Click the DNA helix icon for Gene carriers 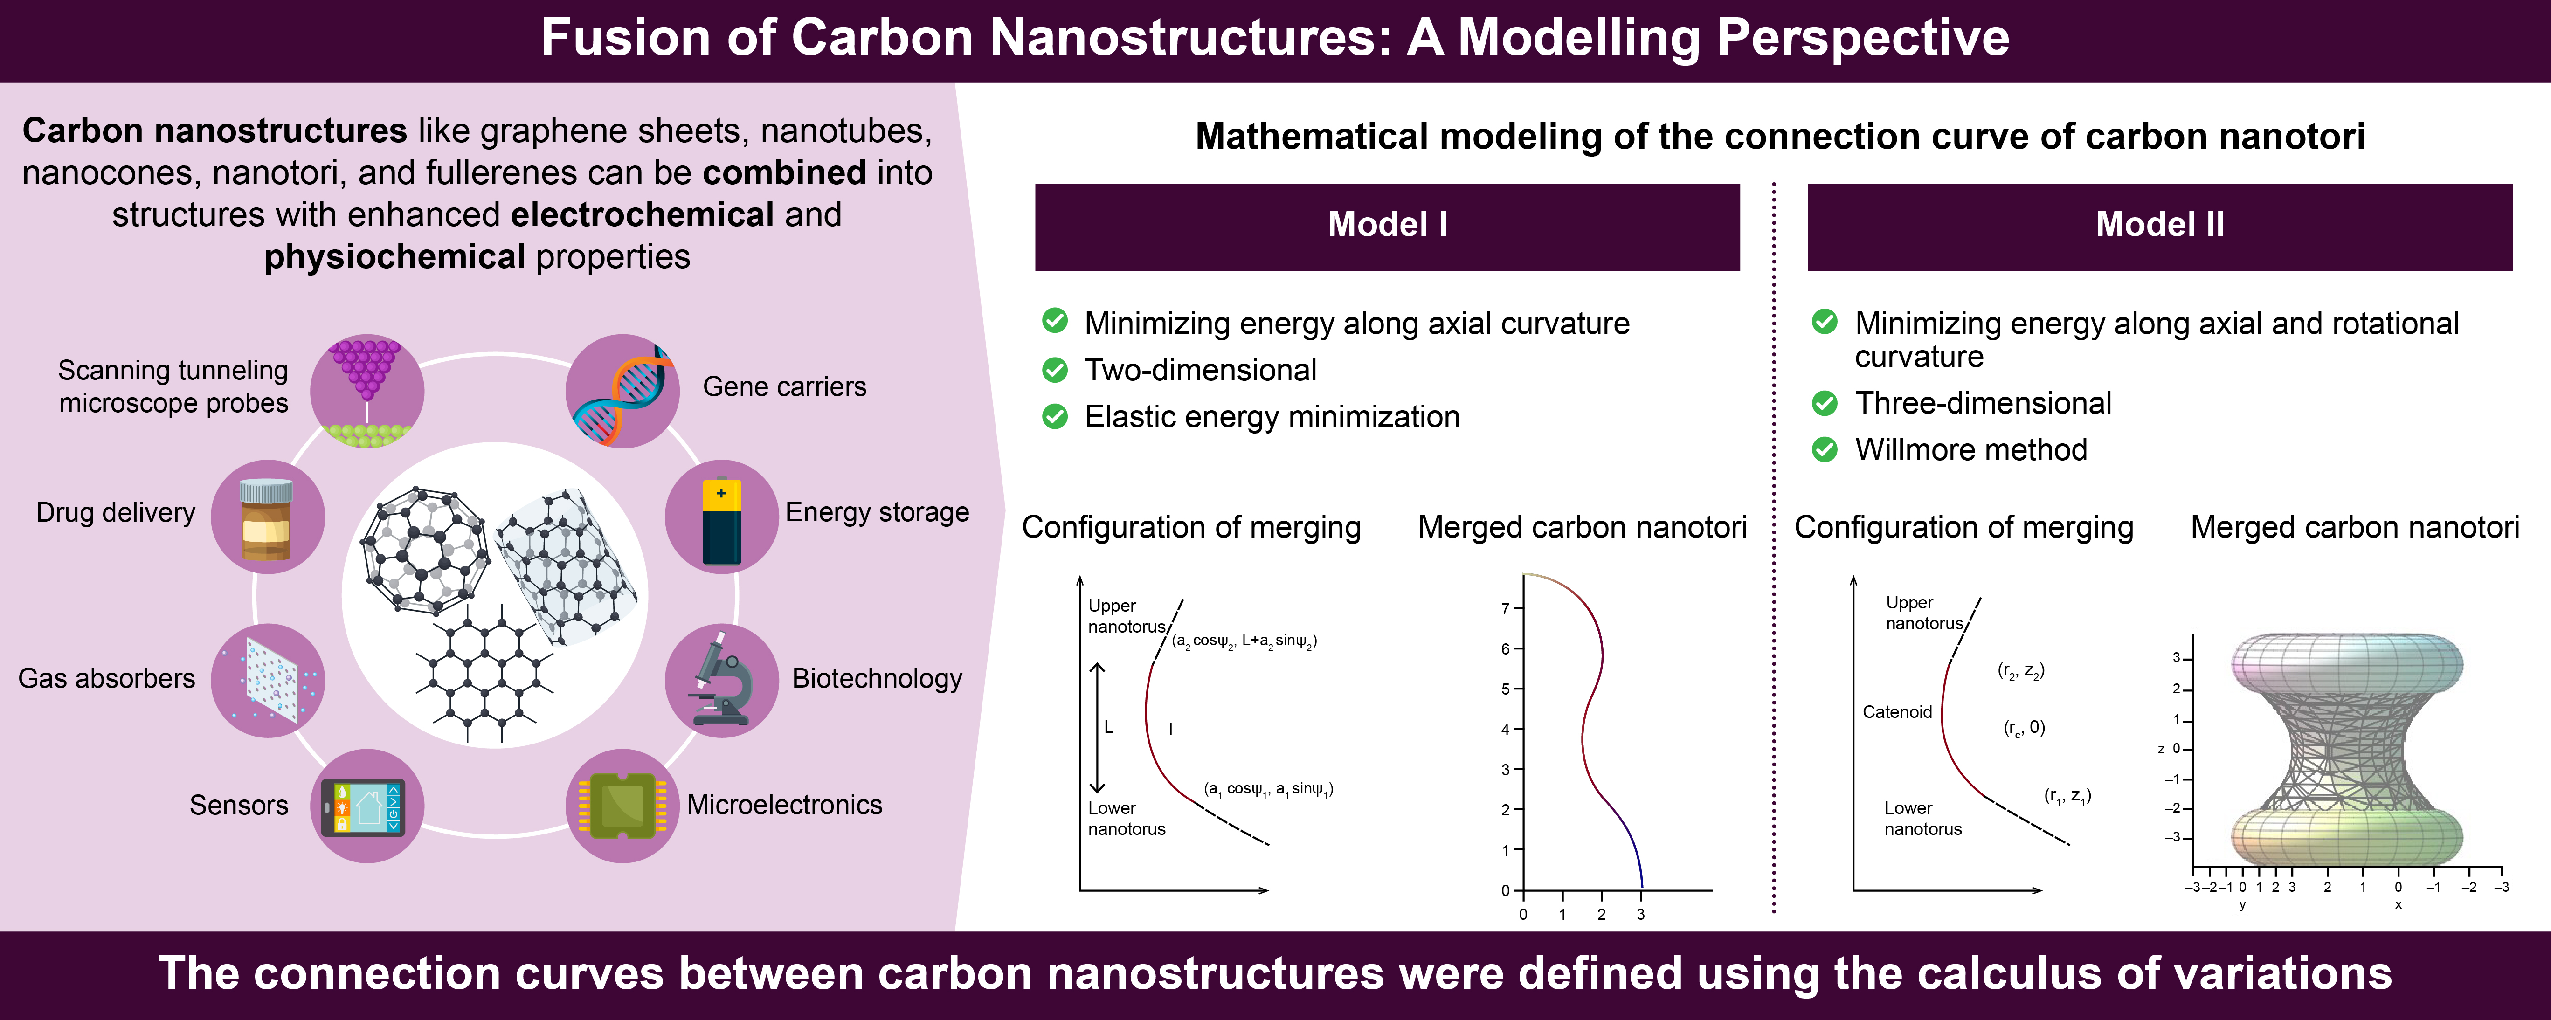(x=622, y=391)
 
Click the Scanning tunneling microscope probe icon (x=366, y=389)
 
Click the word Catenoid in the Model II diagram (x=1896, y=712)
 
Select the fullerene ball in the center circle (x=424, y=550)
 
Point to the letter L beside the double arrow (x=1108, y=727)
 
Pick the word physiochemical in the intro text (x=394, y=256)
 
